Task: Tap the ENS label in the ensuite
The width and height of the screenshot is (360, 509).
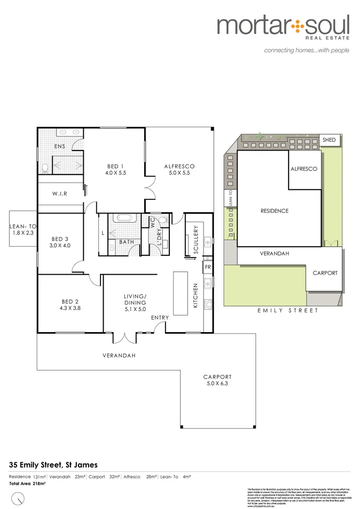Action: pos(59,146)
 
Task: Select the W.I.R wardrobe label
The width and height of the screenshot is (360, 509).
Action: pos(60,193)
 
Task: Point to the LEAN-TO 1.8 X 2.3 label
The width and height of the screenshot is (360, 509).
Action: pos(22,230)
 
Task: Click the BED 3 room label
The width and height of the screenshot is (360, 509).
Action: pos(59,242)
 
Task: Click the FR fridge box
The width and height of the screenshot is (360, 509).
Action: pos(207,267)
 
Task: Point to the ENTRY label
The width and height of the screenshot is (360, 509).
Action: pos(160,318)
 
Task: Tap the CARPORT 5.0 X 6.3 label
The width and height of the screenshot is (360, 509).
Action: pos(217,380)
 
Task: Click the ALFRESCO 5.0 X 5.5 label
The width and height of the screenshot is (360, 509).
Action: pos(179,169)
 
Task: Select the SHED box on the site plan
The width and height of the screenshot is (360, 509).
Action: pos(329,140)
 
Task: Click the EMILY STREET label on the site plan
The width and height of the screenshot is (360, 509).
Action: pos(288,311)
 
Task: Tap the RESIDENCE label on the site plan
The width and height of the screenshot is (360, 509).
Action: pos(274,211)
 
